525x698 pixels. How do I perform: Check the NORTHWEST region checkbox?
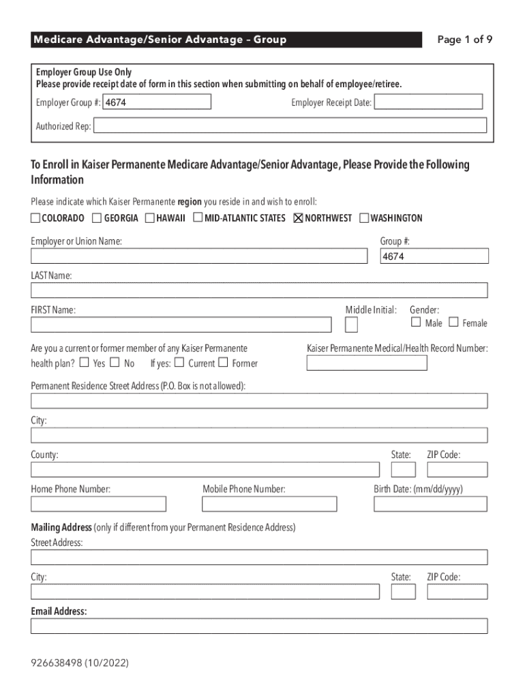pyautogui.click(x=298, y=218)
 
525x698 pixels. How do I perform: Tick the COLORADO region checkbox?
pyautogui.click(x=35, y=218)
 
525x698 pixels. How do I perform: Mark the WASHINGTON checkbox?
pyautogui.click(x=364, y=218)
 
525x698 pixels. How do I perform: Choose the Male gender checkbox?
pyautogui.click(x=416, y=322)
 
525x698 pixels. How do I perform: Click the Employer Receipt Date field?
pyautogui.click(x=428, y=102)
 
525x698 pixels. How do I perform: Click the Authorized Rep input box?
pyautogui.click(x=290, y=126)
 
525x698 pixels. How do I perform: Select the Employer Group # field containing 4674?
pyautogui.click(x=156, y=102)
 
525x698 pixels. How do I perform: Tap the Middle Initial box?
pyautogui.click(x=351, y=324)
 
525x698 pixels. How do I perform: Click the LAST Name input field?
pyautogui.click(x=259, y=290)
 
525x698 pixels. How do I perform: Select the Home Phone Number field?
pyautogui.click(x=98, y=504)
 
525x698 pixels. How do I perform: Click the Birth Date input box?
pyautogui.click(x=430, y=504)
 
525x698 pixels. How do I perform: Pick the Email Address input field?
pyautogui.click(x=259, y=626)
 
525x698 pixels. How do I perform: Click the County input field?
pyautogui.click(x=205, y=470)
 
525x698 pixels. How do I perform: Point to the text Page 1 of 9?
pyautogui.click(x=464, y=40)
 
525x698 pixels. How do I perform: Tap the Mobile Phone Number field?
pyautogui.click(x=269, y=504)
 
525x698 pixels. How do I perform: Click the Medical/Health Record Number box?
pyautogui.click(x=367, y=363)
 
